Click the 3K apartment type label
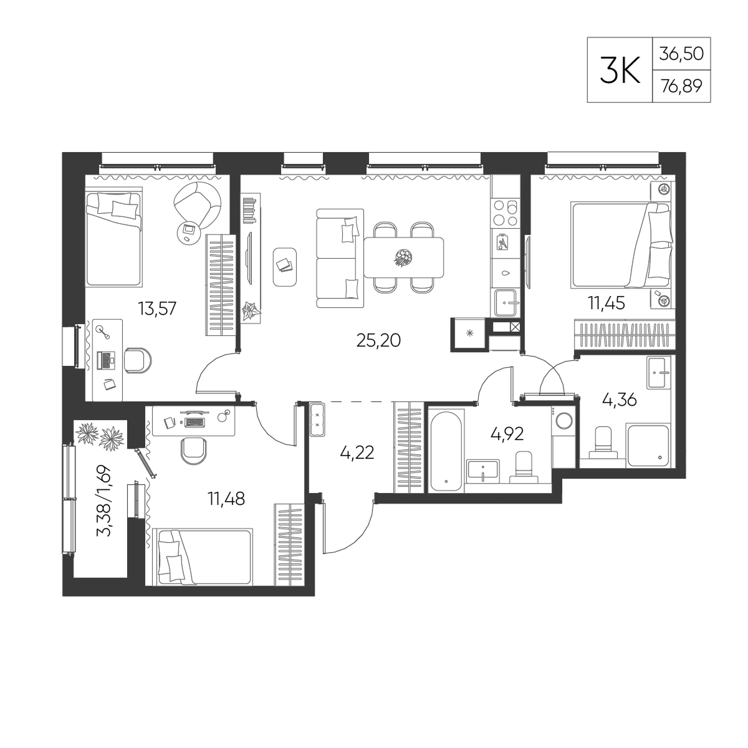(620, 70)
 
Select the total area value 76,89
(681, 87)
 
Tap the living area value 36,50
(682, 54)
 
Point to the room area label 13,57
(157, 308)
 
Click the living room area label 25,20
(378, 340)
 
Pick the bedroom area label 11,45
(607, 303)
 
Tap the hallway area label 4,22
(357, 452)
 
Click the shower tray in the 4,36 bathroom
(648, 445)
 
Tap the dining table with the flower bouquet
(404, 257)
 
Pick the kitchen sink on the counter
(506, 303)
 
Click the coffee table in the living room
(285, 267)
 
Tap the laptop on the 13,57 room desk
(106, 360)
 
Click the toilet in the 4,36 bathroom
(603, 442)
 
